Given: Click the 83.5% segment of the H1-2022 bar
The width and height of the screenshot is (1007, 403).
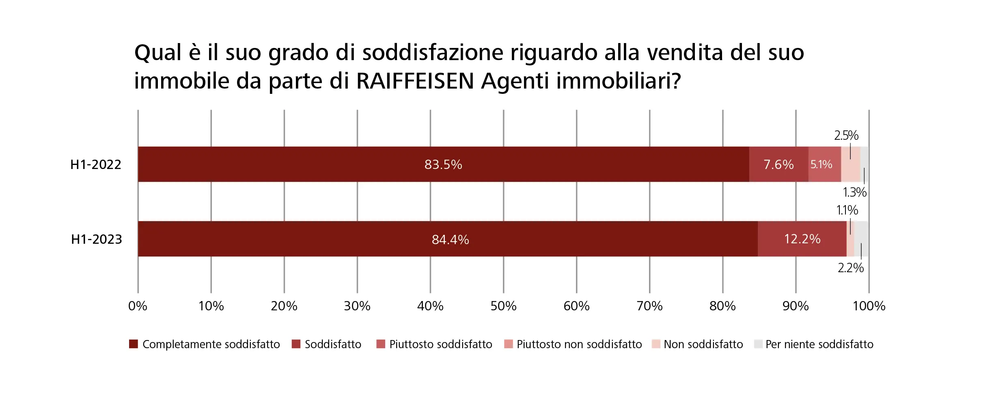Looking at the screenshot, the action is point(444,164).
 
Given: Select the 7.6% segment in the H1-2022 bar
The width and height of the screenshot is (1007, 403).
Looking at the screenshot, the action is point(779,164).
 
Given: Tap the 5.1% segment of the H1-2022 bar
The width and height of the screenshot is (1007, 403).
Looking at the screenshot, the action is point(825,164).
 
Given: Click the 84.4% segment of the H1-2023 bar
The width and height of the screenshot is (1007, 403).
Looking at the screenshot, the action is point(448,239).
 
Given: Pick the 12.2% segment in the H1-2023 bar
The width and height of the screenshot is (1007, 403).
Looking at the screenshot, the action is point(802,239).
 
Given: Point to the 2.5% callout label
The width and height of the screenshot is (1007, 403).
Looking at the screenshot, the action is point(846,135).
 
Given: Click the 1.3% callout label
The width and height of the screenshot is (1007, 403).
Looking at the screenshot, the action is point(855,192).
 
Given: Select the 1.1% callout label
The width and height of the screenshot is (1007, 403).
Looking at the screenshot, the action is point(847,210).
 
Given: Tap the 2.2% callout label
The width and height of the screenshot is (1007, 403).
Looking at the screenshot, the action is point(851,268).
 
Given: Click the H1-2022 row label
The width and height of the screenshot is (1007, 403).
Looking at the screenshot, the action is point(96,165).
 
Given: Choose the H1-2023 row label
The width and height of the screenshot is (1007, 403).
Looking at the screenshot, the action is point(97,239).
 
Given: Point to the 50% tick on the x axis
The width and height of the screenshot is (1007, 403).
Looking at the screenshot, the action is point(503,306).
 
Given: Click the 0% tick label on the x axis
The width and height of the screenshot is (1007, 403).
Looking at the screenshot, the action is point(138,306).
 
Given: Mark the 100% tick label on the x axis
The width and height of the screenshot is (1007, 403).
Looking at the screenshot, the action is point(869,306).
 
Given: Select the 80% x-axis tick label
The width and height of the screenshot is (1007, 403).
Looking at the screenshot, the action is point(722,306).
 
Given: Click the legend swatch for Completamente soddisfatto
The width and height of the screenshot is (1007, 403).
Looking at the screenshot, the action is point(134,344).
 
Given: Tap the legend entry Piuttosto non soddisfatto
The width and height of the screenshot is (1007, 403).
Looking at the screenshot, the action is point(573,344).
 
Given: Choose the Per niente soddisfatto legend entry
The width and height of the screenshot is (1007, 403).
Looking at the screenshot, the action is point(814,344).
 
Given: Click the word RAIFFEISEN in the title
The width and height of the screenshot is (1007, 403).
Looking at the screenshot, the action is point(415,81).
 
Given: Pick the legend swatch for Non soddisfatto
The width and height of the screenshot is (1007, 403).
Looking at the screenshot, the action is point(656,344).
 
